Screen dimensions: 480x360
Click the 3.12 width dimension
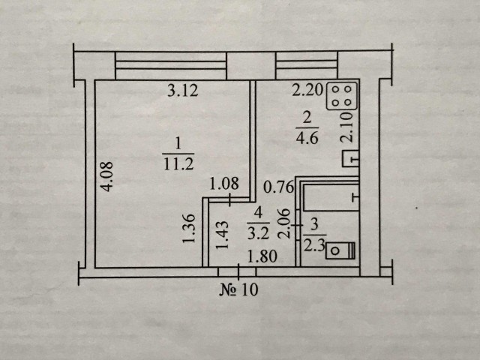coord(183,91)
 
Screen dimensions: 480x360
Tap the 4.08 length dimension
coord(108,177)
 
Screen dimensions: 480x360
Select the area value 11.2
coord(178,164)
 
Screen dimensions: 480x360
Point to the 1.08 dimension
coord(224,184)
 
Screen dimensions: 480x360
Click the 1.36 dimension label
coord(189,228)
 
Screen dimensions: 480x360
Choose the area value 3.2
coord(258,234)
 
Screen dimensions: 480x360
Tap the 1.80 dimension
coord(262,256)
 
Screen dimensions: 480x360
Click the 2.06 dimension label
coord(283,223)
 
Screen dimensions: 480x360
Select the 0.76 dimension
coord(278,187)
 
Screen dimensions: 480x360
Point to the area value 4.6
coord(307,138)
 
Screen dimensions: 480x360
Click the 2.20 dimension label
coord(307,90)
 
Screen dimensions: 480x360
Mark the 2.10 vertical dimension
coord(346,127)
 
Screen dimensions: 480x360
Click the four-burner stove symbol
coord(342,96)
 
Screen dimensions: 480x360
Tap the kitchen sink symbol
coord(350,159)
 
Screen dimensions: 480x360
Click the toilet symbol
coord(340,250)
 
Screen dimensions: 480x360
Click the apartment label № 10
coord(238,289)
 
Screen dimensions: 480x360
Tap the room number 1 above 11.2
coord(178,144)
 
